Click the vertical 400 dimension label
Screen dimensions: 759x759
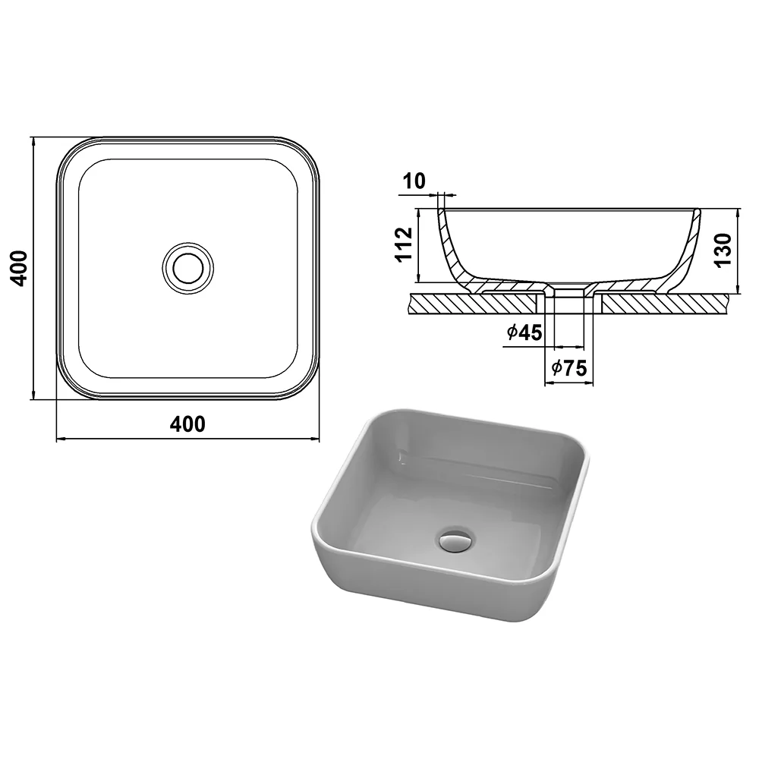coord(19,268)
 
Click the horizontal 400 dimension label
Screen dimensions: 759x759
coord(187,424)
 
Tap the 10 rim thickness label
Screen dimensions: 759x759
coord(414,181)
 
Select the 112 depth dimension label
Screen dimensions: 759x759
coord(405,244)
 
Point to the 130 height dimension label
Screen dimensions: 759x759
coord(723,250)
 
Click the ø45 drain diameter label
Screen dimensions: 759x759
coord(524,332)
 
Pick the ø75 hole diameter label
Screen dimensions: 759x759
coord(568,368)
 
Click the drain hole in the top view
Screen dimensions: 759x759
coord(187,268)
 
